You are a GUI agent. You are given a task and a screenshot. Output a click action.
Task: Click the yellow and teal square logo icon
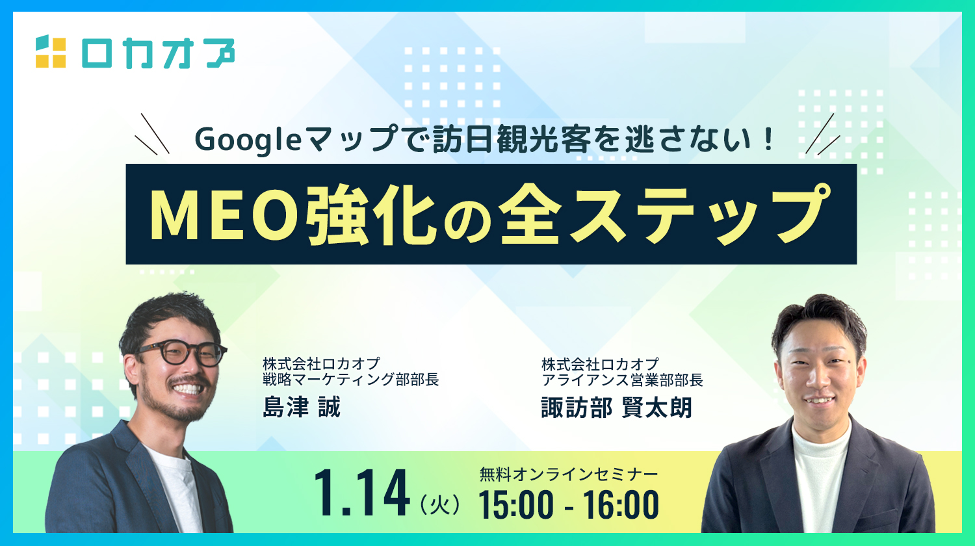[x=51, y=52]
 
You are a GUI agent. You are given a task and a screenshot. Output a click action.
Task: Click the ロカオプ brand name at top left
[x=158, y=53]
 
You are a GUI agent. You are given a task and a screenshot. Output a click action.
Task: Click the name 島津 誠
[x=302, y=407]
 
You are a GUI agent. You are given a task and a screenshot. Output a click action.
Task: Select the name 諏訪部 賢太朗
[x=616, y=408]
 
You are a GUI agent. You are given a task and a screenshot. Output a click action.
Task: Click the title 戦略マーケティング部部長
[x=350, y=379]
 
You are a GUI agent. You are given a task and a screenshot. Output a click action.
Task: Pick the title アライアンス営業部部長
[x=622, y=380]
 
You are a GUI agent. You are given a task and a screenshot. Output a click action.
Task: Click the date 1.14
[x=361, y=493]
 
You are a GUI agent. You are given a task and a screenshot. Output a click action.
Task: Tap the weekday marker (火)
[x=439, y=504]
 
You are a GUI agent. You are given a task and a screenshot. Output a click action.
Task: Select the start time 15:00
[x=516, y=504]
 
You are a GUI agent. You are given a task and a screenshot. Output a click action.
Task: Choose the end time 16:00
[x=621, y=504]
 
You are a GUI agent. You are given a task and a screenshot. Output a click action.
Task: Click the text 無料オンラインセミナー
[x=569, y=474]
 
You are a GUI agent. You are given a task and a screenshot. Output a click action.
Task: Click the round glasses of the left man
[x=183, y=352]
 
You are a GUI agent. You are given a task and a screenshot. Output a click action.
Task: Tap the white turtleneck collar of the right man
[x=821, y=440]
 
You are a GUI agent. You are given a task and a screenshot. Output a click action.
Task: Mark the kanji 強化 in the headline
[x=370, y=215]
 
